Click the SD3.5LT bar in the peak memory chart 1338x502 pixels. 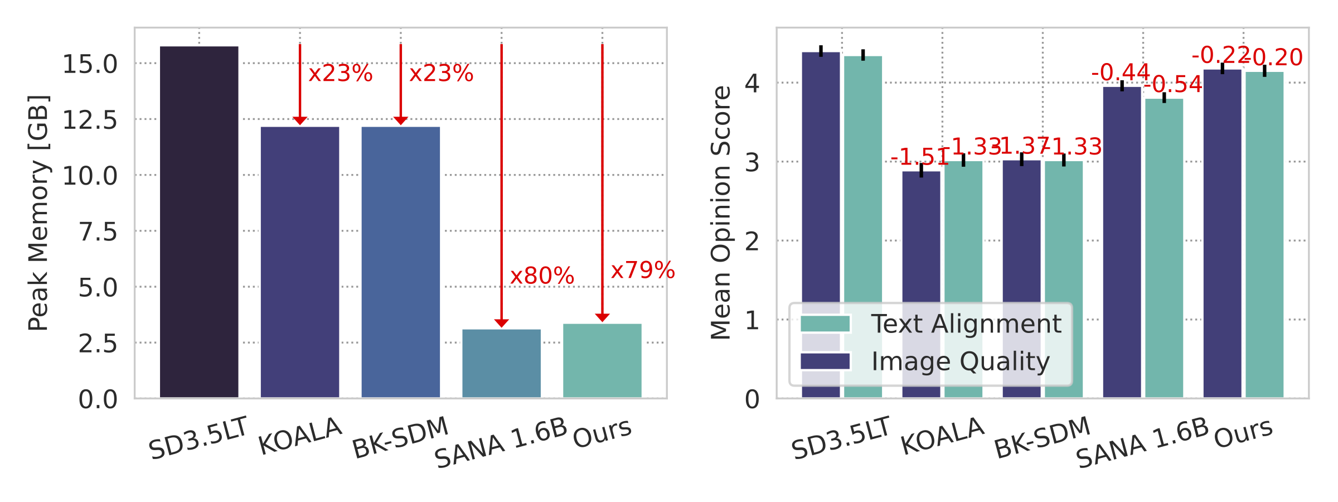199,223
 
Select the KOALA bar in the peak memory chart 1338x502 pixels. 300,262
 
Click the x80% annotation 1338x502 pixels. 542,276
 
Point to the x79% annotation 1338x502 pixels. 643,271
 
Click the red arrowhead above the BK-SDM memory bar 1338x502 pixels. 400,120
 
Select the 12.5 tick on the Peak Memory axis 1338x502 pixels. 90,120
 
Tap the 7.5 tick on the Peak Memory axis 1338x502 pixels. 98,231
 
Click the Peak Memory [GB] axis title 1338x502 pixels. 38,213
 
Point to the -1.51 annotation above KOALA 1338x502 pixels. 919,157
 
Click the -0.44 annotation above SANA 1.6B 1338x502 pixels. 1120,73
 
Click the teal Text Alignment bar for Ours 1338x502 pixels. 1264,234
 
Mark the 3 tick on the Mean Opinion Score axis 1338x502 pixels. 752,162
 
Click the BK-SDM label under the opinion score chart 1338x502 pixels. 1042,438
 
